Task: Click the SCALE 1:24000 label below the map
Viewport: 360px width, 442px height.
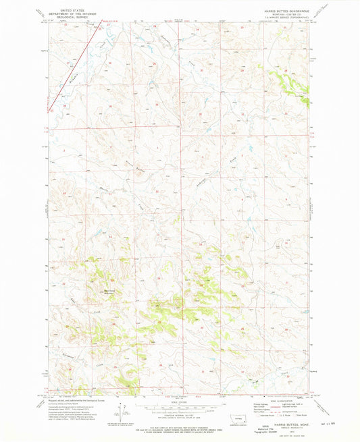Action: click(180, 404)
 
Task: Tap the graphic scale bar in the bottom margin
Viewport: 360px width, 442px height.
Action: click(180, 408)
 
